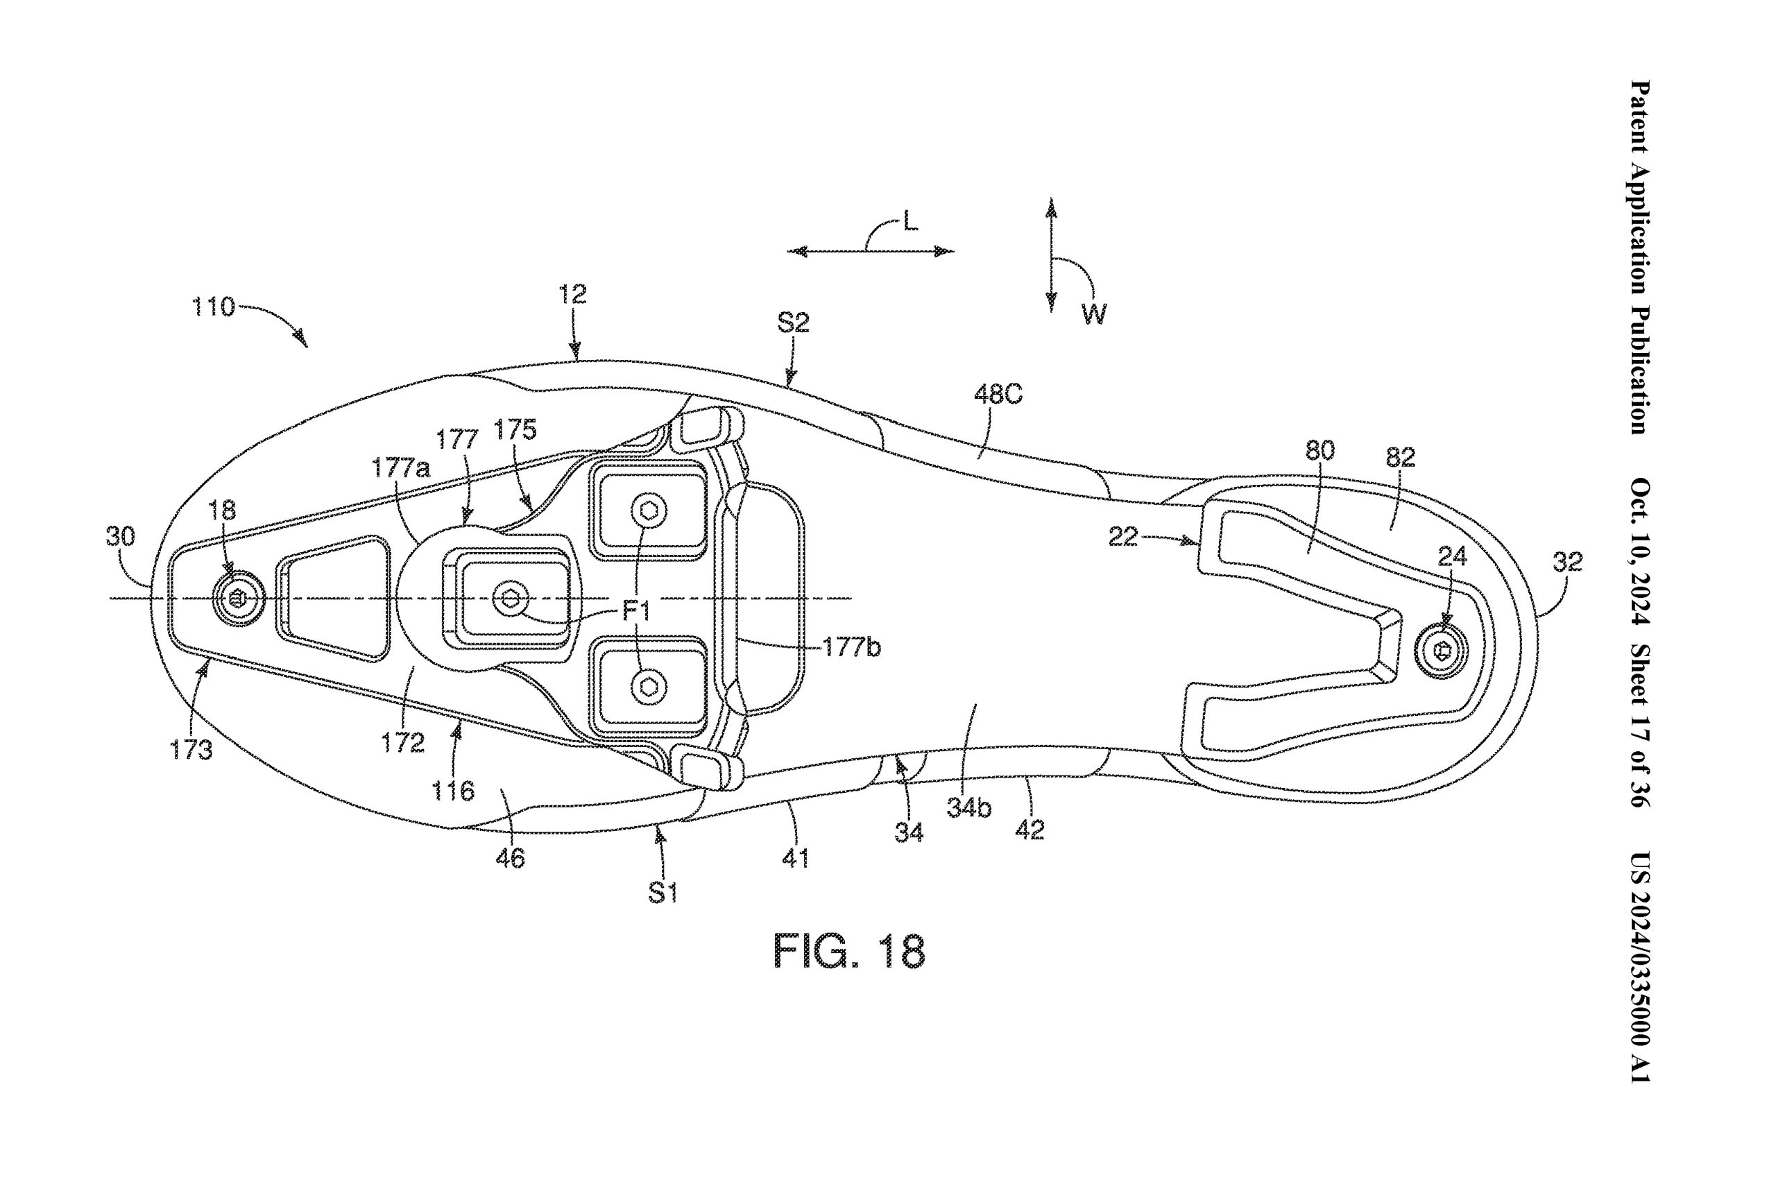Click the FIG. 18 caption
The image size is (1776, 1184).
coord(849,952)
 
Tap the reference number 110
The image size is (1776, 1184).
coord(214,307)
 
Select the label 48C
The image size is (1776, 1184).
coord(998,394)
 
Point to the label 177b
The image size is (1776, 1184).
coord(851,647)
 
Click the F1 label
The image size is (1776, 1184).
coord(635,611)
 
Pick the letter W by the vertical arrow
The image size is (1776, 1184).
coord(1093,314)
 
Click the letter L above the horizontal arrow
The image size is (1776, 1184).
coord(911,222)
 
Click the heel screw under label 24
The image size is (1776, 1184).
coord(1441,649)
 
